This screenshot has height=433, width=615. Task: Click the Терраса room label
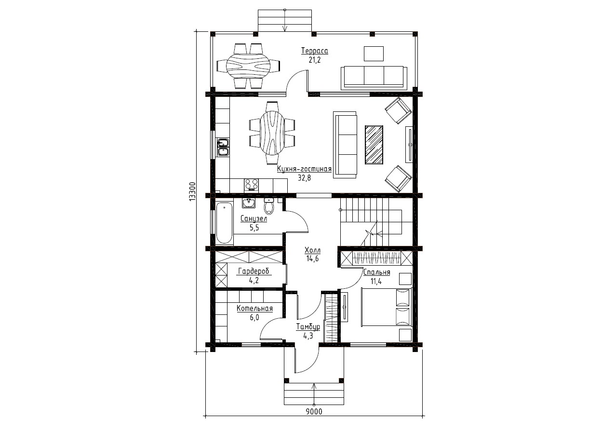(x=315, y=51)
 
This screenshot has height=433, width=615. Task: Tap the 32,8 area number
(x=304, y=178)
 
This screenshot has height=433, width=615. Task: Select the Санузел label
(x=254, y=219)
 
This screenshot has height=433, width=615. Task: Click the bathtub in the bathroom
(x=224, y=223)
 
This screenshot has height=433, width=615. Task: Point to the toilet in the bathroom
(x=269, y=206)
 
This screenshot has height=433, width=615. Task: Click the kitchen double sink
(x=223, y=147)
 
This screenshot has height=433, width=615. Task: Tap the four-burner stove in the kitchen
(x=251, y=185)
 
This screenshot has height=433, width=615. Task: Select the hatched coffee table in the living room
(x=374, y=145)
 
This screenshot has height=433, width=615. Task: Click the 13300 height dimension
(x=192, y=191)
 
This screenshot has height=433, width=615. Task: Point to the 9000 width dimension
(x=314, y=419)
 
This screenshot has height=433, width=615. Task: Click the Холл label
(x=312, y=250)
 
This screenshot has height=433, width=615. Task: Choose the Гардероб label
(x=254, y=271)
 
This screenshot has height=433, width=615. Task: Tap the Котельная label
(x=255, y=308)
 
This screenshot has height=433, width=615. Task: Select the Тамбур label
(x=308, y=327)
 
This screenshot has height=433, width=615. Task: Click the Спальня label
(x=376, y=272)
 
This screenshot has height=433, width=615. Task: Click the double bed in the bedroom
(x=387, y=307)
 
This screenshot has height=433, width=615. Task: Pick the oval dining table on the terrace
(x=248, y=66)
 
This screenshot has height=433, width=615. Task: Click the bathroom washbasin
(x=249, y=203)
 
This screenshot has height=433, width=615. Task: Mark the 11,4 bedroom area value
(x=376, y=281)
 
